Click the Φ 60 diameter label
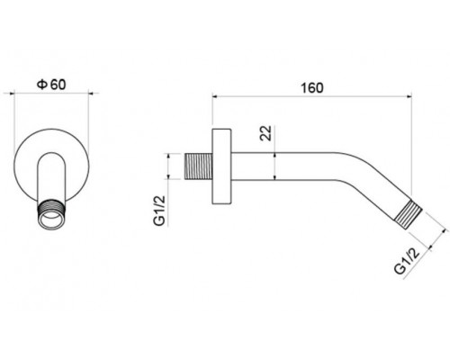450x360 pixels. coord(51,85)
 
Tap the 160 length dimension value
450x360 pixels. coord(312,88)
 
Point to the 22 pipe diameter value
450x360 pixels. coord(265,133)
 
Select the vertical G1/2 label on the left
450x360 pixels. coord(159,211)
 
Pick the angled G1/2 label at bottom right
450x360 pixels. coord(407,261)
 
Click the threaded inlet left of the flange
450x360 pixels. coord(198,166)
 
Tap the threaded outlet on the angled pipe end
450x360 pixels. coord(409,215)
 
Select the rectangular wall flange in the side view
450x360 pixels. coord(221,166)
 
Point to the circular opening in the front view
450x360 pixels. coord(51,219)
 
